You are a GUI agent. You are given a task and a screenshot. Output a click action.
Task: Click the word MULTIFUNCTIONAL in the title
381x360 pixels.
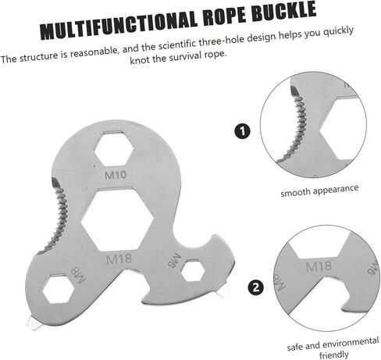[x=119, y=26]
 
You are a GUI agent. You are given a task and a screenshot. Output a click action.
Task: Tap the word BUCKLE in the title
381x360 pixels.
[x=284, y=11]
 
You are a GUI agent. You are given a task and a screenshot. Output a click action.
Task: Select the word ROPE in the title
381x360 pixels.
[x=224, y=16]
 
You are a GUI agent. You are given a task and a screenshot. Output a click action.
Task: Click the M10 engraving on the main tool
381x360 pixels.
[x=116, y=175]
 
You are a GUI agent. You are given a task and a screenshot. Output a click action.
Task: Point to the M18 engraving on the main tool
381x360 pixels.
[x=119, y=259]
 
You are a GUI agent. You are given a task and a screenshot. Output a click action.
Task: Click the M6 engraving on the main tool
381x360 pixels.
[x=174, y=260]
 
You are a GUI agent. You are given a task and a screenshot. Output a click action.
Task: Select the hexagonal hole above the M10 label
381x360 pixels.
[x=114, y=149]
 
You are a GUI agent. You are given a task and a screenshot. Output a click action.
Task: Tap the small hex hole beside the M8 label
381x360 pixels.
[x=59, y=289]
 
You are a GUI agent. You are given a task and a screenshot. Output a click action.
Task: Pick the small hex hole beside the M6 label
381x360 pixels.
[x=193, y=271]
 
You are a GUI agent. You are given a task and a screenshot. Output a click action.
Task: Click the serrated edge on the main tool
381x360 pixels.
[x=54, y=216]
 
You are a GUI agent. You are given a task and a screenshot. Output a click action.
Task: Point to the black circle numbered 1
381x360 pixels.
[x=242, y=131]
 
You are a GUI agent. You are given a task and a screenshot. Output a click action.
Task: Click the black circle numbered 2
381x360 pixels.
[x=256, y=287]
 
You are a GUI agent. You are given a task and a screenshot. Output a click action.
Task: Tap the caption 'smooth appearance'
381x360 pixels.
[x=319, y=191]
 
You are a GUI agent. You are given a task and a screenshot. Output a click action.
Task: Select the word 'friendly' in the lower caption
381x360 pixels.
[x=333, y=355]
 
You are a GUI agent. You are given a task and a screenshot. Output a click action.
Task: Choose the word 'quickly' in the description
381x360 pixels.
[x=338, y=32]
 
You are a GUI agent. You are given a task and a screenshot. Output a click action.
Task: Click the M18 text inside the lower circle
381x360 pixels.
[x=319, y=266]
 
